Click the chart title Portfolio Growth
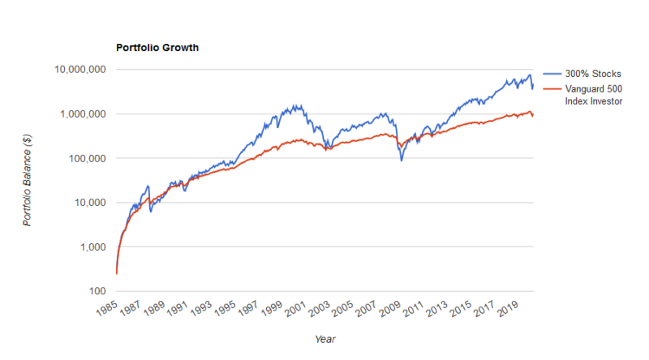coord(158,48)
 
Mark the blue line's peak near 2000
coord(297,105)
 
